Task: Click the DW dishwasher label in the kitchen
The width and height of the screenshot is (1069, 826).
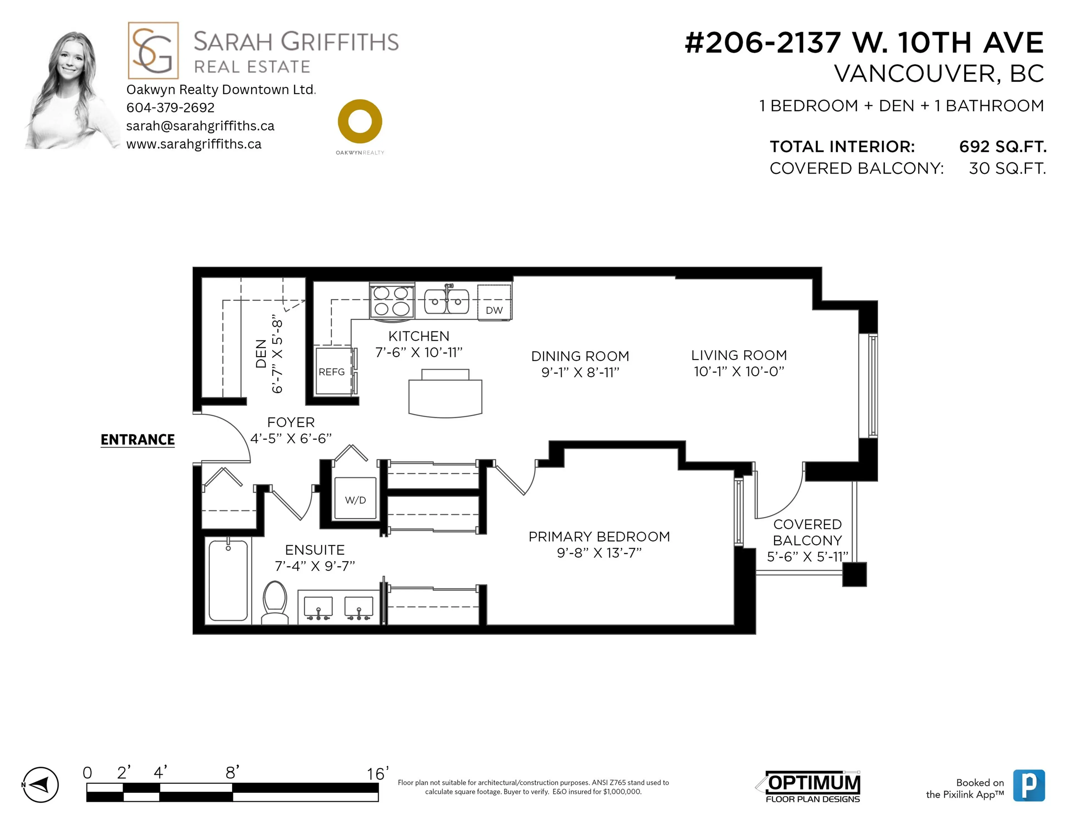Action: click(x=494, y=310)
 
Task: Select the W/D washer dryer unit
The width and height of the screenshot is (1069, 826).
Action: click(x=355, y=499)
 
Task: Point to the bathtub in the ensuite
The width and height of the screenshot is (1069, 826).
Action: click(x=228, y=580)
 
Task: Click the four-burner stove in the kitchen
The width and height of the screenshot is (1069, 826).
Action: click(x=392, y=301)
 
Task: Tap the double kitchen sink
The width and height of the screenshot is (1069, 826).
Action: click(x=447, y=301)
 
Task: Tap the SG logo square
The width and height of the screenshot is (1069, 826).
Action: click(x=153, y=50)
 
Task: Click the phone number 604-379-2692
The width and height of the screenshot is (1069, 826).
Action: click(x=170, y=108)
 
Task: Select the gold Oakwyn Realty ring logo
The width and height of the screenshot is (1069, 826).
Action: click(x=360, y=122)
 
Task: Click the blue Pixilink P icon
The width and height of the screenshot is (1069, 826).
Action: click(x=1029, y=785)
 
